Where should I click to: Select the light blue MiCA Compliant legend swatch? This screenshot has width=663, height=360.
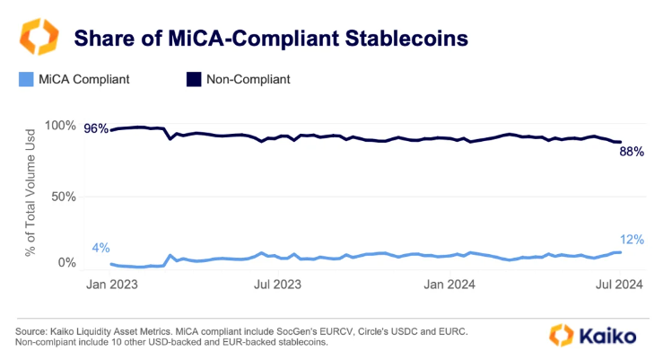click(x=23, y=79)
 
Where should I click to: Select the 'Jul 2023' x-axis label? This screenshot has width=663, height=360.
click(x=276, y=285)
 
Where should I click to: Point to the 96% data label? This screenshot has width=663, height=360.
click(x=95, y=128)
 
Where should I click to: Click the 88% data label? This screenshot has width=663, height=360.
click(x=632, y=152)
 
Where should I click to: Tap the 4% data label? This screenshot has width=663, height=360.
click(x=100, y=248)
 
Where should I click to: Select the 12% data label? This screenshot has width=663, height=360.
click(x=632, y=239)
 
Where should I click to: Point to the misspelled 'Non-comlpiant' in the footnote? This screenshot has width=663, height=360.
click(x=55, y=343)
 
